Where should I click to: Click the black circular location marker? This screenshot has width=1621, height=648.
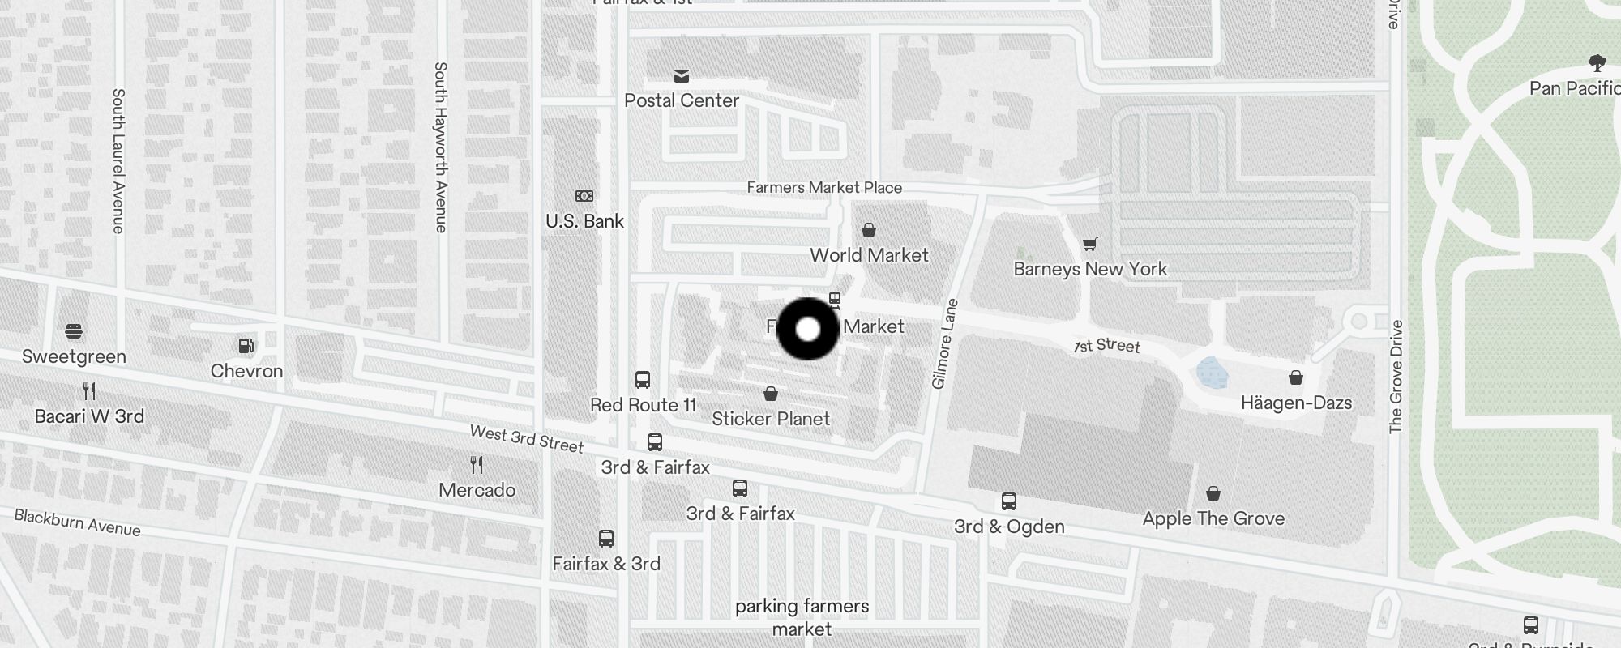pyautogui.click(x=808, y=329)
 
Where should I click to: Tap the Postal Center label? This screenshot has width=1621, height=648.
pyautogui.click(x=682, y=100)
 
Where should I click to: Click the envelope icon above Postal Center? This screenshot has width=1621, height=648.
pyautogui.click(x=682, y=76)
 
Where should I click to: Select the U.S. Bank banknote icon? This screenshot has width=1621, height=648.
pyautogui.click(x=584, y=196)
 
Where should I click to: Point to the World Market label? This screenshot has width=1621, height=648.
pyautogui.click(x=869, y=255)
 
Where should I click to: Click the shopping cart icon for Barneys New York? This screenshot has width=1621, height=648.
pyautogui.click(x=1090, y=244)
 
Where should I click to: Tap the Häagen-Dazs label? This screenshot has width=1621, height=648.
pyautogui.click(x=1296, y=403)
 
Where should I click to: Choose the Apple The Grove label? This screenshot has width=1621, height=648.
pyautogui.click(x=1213, y=518)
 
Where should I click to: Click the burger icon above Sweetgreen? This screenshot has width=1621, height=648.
pyautogui.click(x=74, y=331)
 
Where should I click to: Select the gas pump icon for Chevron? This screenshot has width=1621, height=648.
pyautogui.click(x=246, y=346)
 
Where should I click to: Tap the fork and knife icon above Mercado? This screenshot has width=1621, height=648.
pyautogui.click(x=477, y=465)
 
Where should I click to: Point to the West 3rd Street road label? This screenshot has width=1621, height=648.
pyautogui.click(x=527, y=439)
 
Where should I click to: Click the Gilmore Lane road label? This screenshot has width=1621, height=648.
pyautogui.click(x=945, y=344)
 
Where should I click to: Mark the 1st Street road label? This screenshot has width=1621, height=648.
pyautogui.click(x=1107, y=346)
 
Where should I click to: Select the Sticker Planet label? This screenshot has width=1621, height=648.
pyautogui.click(x=771, y=419)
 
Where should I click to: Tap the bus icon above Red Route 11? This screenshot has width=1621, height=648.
pyautogui.click(x=643, y=380)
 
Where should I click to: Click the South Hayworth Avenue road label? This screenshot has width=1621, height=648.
pyautogui.click(x=440, y=147)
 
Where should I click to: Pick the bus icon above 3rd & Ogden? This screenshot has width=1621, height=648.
pyautogui.click(x=1009, y=501)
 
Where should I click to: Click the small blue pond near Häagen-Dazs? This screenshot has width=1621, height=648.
pyautogui.click(x=1213, y=373)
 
